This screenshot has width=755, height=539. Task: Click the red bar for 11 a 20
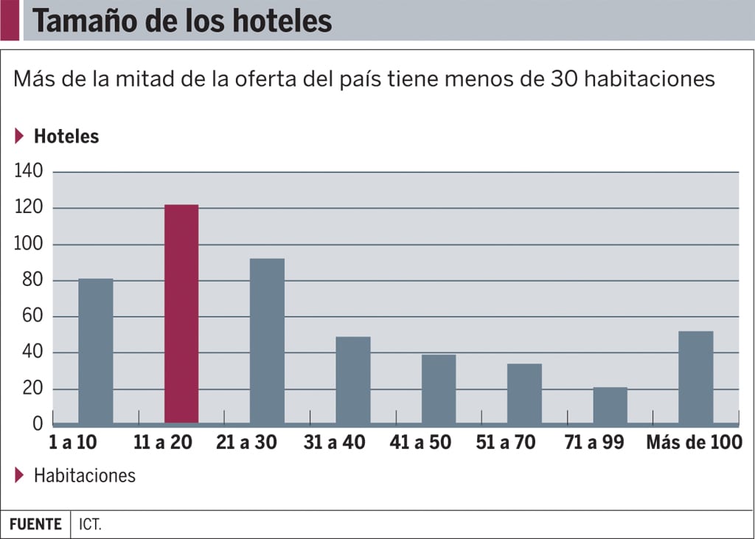tap(181, 314)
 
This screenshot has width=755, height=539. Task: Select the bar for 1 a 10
tap(96, 351)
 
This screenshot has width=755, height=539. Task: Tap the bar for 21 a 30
tap(267, 341)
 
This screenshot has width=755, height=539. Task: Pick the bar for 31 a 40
tap(353, 380)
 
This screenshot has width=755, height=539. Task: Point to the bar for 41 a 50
tap(439, 389)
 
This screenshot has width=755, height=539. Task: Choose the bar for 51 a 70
tap(524, 394)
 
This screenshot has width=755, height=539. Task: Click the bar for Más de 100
tap(696, 378)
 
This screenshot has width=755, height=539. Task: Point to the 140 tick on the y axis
tap(30, 172)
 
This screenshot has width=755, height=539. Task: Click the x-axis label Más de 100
tap(694, 442)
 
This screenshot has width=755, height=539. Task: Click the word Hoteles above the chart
tap(66, 136)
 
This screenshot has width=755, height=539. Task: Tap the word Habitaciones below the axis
tap(85, 476)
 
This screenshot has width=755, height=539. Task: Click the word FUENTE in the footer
tap(35, 525)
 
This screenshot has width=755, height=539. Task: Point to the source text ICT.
tap(91, 525)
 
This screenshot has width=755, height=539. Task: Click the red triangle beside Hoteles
tap(19, 136)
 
